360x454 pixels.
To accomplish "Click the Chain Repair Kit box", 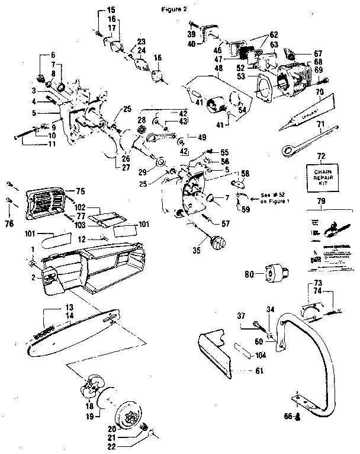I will [x=320, y=176].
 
